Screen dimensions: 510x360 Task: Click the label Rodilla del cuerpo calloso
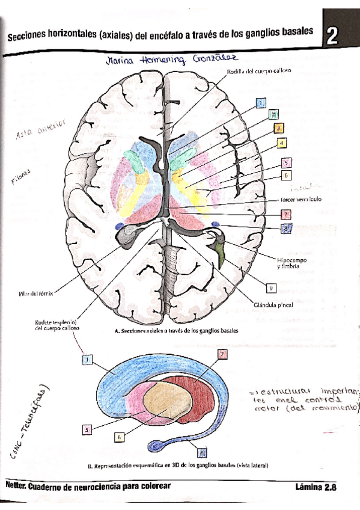[259, 71]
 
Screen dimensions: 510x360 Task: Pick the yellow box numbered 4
[281, 143]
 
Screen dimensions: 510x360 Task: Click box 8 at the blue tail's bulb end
[202, 452]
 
